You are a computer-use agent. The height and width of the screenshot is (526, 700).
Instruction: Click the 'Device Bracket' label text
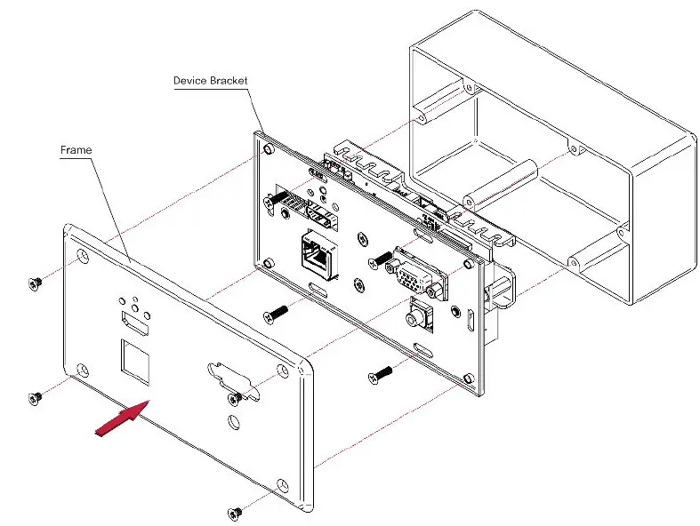pos(210,81)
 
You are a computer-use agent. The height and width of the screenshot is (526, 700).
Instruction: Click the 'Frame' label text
pos(76,150)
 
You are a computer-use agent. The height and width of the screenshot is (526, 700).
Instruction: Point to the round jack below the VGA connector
pos(415,317)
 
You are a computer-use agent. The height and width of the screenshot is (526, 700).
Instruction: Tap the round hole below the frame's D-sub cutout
pos(233,421)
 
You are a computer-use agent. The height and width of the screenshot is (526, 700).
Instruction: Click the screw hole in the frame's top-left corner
pos(83,258)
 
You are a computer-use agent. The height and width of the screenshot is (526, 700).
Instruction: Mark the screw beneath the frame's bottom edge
pos(235,513)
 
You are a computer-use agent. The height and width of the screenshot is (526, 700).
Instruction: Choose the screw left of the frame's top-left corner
pos(35,283)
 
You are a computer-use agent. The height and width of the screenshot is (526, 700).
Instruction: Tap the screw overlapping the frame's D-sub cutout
pos(237,396)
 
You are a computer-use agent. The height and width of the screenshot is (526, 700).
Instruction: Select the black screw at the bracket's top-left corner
pos(276,198)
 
